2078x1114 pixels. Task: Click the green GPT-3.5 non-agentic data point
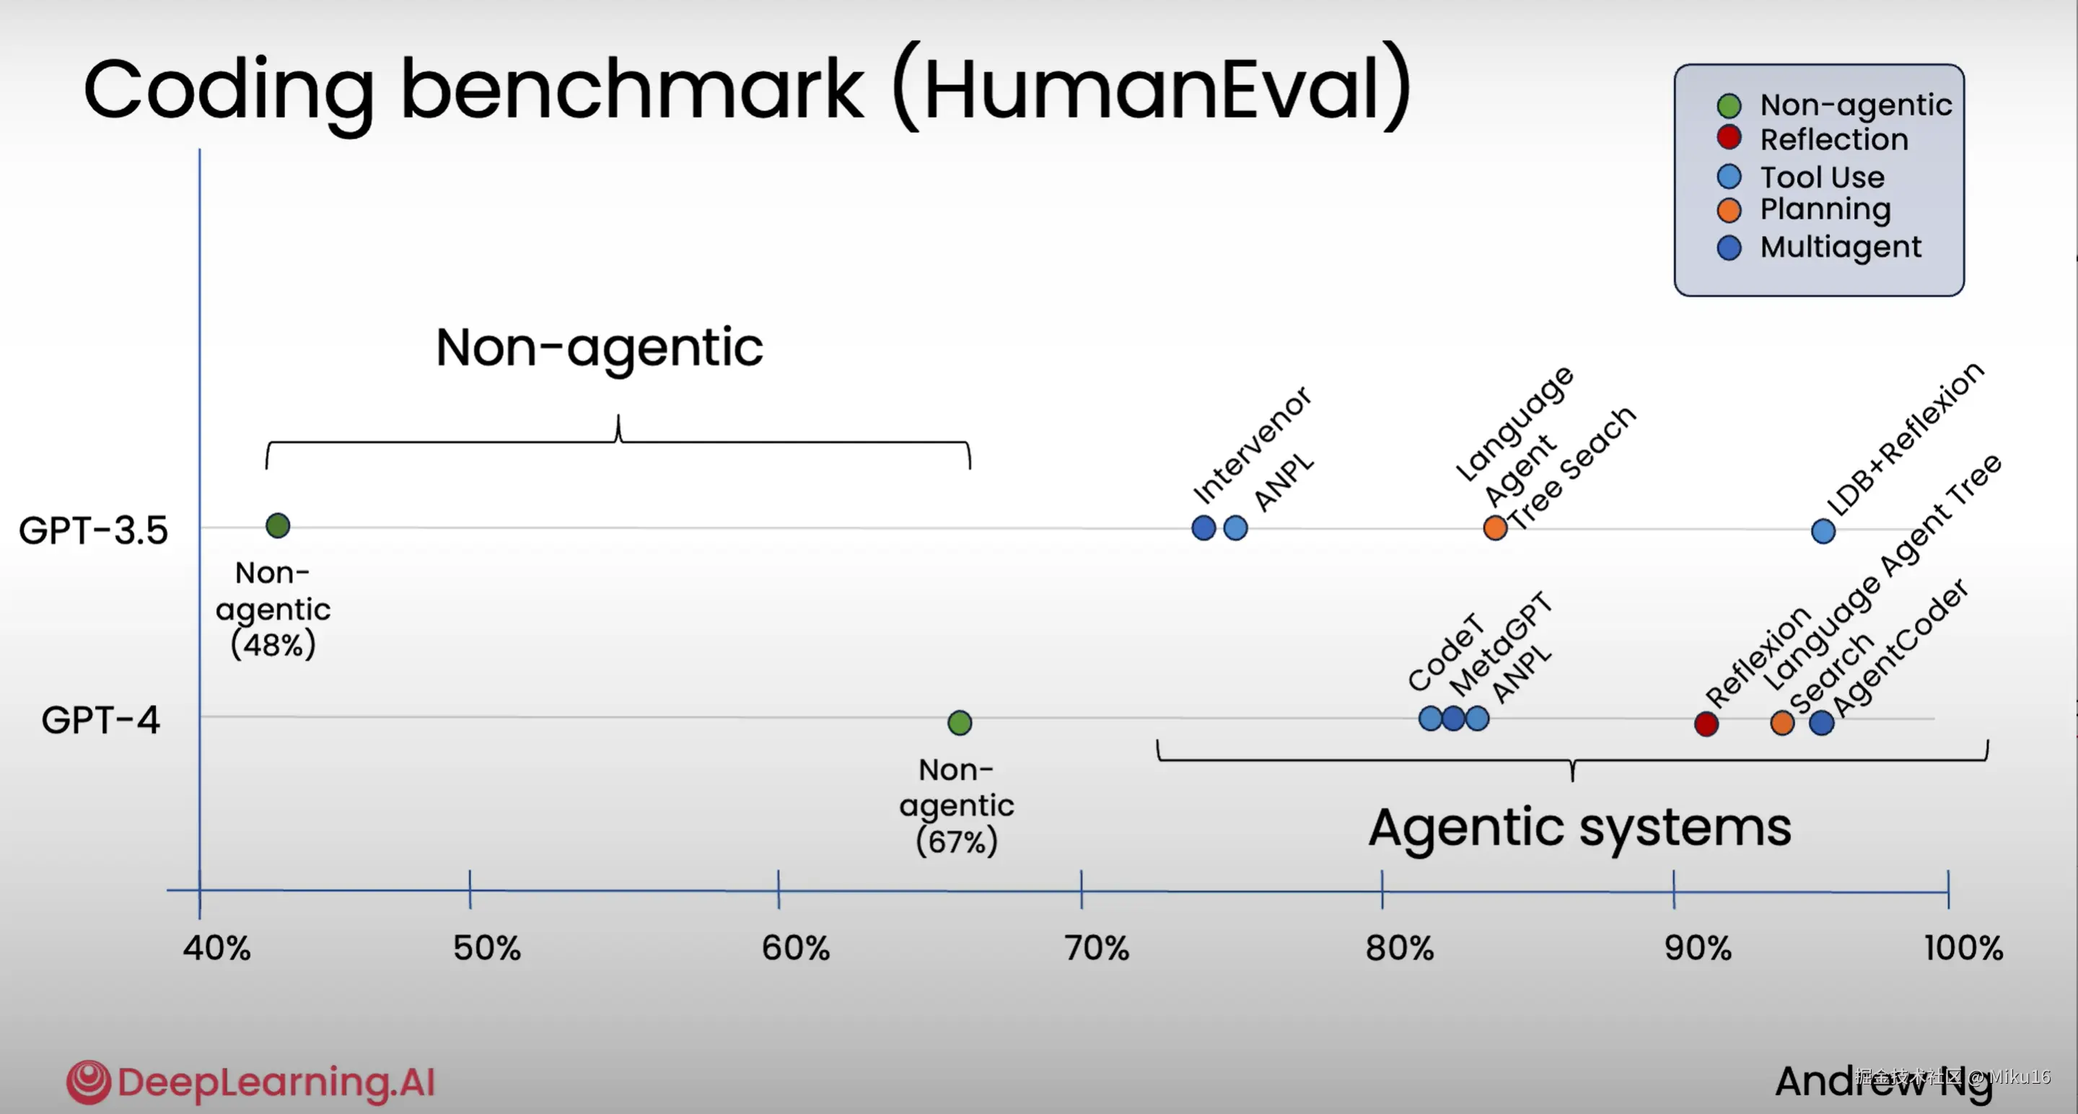pyautogui.click(x=278, y=526)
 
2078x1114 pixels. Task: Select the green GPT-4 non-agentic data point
pyautogui.click(x=959, y=723)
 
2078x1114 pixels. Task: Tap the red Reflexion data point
pyautogui.click(x=1706, y=724)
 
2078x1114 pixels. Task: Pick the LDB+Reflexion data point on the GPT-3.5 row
pyautogui.click(x=1823, y=531)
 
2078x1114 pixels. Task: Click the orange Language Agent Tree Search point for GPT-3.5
pyautogui.click(x=1495, y=528)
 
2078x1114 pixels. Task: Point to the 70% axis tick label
pyautogui.click(x=1096, y=949)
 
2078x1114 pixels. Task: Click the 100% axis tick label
pyautogui.click(x=1963, y=949)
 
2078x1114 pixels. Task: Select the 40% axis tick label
pyautogui.click(x=216, y=949)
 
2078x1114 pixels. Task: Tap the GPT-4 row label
pyautogui.click(x=101, y=719)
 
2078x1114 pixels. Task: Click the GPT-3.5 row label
pyautogui.click(x=94, y=531)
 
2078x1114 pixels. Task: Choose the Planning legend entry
pyautogui.click(x=1825, y=210)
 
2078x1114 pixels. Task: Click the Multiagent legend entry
pyautogui.click(x=1840, y=247)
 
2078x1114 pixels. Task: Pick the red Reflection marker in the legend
pyautogui.click(x=1729, y=138)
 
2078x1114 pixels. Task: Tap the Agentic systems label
pyautogui.click(x=1579, y=828)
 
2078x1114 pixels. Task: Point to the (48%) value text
pyautogui.click(x=273, y=644)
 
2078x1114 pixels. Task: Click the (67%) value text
pyautogui.click(x=957, y=842)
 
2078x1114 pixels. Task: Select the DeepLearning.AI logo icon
pyautogui.click(x=88, y=1082)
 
